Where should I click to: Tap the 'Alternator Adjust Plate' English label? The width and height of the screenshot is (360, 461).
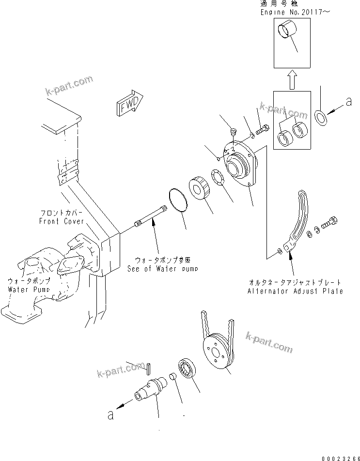coord(295,291)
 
